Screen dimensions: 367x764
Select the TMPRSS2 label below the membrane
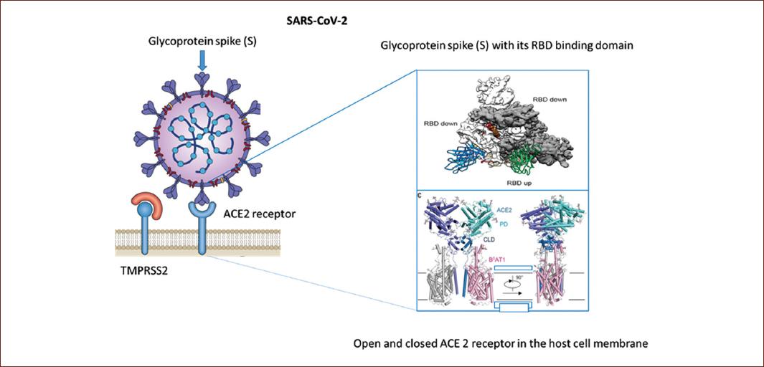[x=145, y=271]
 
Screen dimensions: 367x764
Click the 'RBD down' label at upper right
[x=550, y=99]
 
